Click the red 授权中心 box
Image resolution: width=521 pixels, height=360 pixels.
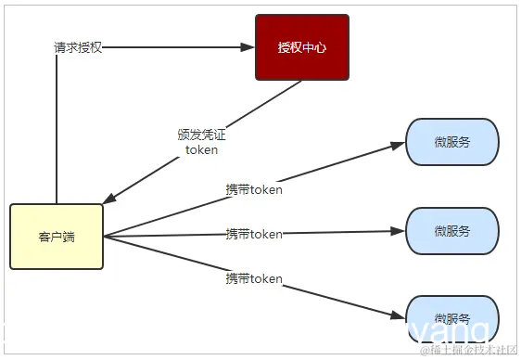[x=302, y=46]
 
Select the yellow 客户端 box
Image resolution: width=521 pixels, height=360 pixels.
[x=57, y=237]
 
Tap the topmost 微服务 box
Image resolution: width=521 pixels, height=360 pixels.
[x=452, y=142]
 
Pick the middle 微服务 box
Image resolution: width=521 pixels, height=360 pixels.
[x=452, y=230]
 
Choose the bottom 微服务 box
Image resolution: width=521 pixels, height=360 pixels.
[x=452, y=318]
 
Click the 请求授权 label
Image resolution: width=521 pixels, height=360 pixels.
[x=78, y=47]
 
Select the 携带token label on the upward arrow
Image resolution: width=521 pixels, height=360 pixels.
[x=254, y=189]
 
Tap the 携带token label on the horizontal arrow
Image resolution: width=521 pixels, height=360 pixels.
[x=254, y=234]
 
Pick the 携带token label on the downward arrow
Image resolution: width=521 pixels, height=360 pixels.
[x=254, y=278]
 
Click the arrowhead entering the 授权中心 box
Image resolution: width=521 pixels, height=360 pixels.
[x=248, y=47]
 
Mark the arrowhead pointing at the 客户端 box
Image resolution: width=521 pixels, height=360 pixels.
[x=108, y=200]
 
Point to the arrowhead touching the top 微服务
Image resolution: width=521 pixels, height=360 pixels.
[x=400, y=145]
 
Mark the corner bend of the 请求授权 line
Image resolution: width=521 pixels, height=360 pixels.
[x=57, y=47]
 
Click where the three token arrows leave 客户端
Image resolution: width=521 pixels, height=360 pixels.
[x=104, y=236]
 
